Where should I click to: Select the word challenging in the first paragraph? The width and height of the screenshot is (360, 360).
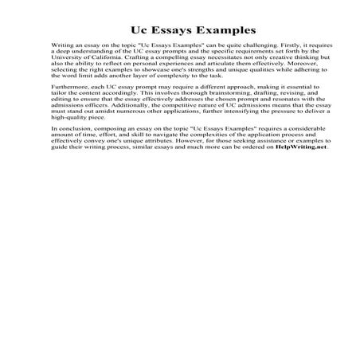pyautogui.click(x=239, y=58)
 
